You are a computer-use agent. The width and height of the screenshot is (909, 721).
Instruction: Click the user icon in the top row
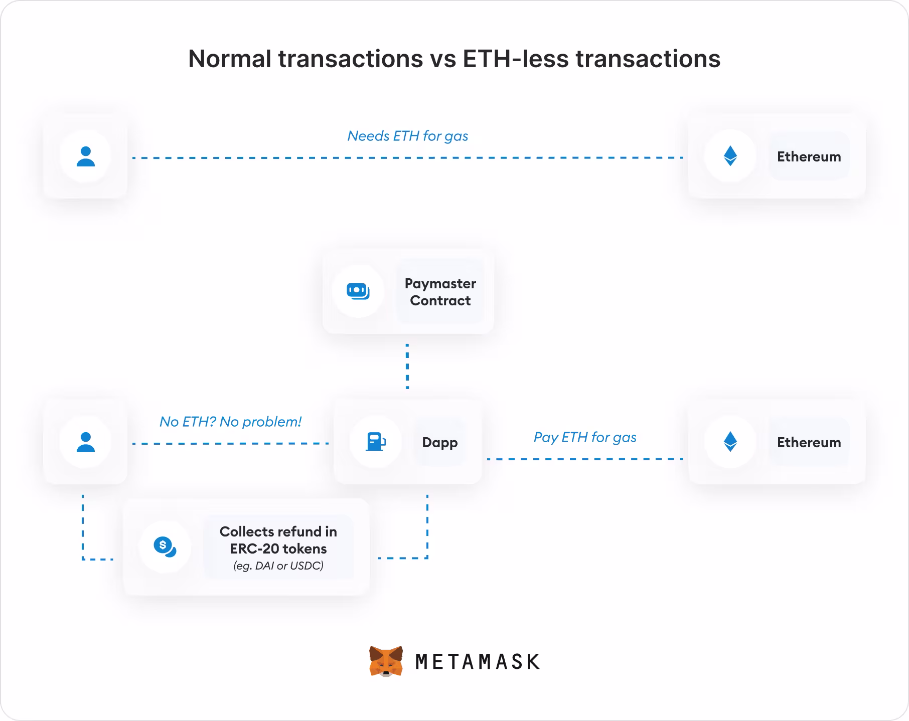click(x=85, y=156)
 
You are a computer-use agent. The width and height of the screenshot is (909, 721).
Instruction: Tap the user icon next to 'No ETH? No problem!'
click(x=85, y=442)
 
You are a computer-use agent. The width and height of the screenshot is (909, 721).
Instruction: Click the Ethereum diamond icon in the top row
click(x=730, y=156)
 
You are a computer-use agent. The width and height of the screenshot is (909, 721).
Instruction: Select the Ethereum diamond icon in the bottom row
click(x=730, y=442)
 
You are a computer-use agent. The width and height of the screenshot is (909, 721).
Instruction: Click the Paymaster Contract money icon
click(x=358, y=291)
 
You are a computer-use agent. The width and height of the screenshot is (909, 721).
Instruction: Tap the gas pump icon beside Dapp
click(x=375, y=442)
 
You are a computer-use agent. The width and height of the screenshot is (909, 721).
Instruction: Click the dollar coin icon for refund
click(x=165, y=547)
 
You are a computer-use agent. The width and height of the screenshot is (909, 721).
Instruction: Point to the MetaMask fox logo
click(x=386, y=661)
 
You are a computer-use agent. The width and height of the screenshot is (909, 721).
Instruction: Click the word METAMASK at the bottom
click(x=478, y=662)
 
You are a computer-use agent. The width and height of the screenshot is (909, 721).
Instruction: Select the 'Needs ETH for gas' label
click(x=407, y=136)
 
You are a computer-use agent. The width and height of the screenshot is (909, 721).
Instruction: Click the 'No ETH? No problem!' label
click(x=230, y=422)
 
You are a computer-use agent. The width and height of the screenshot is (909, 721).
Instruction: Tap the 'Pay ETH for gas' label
click(x=585, y=437)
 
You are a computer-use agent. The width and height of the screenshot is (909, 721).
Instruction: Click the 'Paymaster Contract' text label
click(x=440, y=292)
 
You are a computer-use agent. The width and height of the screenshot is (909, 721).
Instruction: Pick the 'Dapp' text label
click(x=439, y=443)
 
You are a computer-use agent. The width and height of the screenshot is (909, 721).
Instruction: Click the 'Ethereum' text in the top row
click(x=809, y=157)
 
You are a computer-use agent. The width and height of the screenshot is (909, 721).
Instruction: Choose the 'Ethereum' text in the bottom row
click(x=809, y=443)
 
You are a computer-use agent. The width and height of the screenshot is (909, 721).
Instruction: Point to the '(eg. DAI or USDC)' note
click(x=278, y=566)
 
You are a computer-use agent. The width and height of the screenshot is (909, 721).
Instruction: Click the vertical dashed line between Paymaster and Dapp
click(x=407, y=367)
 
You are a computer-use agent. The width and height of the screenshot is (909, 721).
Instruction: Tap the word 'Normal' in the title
click(x=230, y=59)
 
